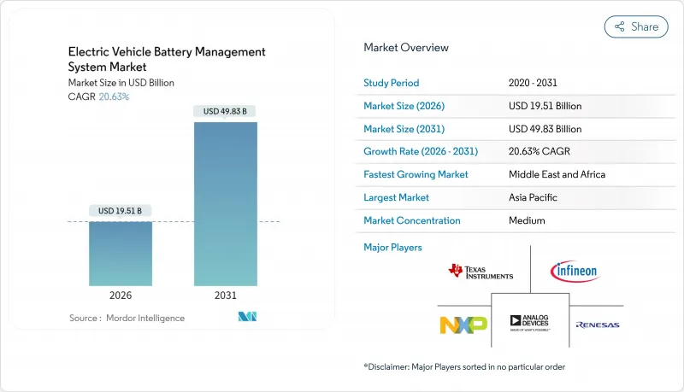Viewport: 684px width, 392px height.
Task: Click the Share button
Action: point(636,26)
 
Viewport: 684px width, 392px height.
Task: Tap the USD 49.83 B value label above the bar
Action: point(225,111)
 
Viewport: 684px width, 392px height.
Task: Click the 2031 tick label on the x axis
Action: point(225,295)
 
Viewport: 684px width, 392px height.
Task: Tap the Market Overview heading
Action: point(405,48)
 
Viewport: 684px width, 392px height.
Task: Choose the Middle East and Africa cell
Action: point(556,174)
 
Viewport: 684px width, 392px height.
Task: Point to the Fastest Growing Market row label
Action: point(416,174)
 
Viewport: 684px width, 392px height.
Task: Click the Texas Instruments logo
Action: point(481,272)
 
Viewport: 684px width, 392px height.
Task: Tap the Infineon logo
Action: point(575,272)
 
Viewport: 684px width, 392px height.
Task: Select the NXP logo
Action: point(463,325)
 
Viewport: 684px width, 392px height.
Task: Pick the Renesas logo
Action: point(597,325)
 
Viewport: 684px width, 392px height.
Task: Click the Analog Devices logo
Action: point(530,323)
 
